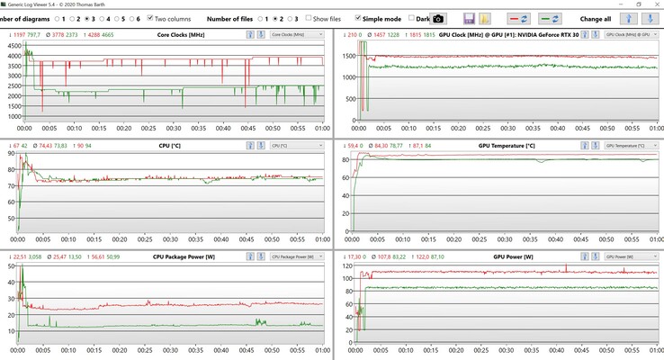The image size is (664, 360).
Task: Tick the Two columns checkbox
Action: click(150, 18)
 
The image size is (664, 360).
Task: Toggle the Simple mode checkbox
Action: click(360, 18)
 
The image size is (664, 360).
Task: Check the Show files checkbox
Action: click(310, 18)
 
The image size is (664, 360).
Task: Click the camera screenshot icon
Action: click(438, 18)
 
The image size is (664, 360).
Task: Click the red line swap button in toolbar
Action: click(519, 18)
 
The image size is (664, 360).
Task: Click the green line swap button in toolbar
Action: click(550, 18)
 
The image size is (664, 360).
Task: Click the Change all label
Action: click(596, 18)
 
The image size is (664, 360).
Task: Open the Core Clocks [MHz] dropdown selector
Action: click(296, 34)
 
